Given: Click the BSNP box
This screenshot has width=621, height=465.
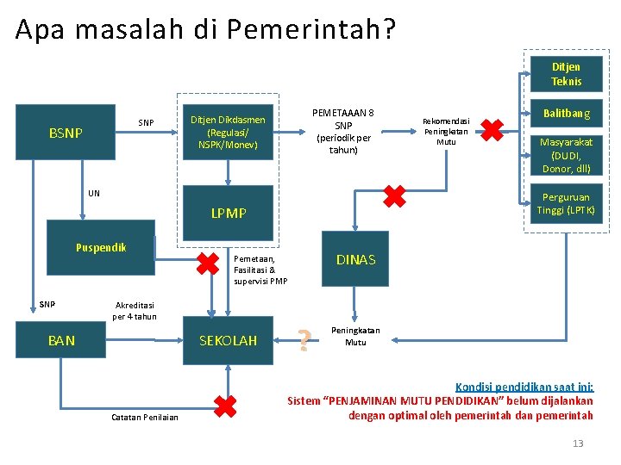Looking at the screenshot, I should (x=66, y=133).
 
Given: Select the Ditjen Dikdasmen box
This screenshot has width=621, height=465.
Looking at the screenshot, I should (x=228, y=133).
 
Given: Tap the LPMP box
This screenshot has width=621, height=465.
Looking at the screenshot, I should (x=228, y=213).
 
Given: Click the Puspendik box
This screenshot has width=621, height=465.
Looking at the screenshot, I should (x=100, y=247).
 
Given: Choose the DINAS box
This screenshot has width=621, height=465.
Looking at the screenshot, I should (x=355, y=259).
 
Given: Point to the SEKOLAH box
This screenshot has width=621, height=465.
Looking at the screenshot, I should (x=228, y=340).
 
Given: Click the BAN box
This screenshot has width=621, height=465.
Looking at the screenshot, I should (x=61, y=340).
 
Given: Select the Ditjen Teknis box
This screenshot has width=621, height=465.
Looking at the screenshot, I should (x=566, y=74).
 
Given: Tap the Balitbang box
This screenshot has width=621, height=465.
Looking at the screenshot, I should (x=566, y=113).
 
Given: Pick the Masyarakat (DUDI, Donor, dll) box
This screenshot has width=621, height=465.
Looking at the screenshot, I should (x=566, y=155).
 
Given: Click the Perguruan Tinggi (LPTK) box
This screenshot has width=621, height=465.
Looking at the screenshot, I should (x=566, y=204).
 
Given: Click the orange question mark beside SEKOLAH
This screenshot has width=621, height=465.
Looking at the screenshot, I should (x=304, y=341).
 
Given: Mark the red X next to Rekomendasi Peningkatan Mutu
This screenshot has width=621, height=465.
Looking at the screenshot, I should (x=492, y=130).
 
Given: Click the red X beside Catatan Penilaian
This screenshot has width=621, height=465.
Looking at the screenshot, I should (x=224, y=406).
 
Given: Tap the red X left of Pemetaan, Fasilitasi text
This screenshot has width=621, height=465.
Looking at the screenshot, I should (x=207, y=263).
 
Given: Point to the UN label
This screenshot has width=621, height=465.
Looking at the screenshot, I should (x=94, y=193).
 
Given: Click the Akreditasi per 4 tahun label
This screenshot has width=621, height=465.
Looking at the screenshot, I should (x=135, y=310).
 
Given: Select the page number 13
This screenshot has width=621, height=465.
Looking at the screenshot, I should (x=578, y=443).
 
